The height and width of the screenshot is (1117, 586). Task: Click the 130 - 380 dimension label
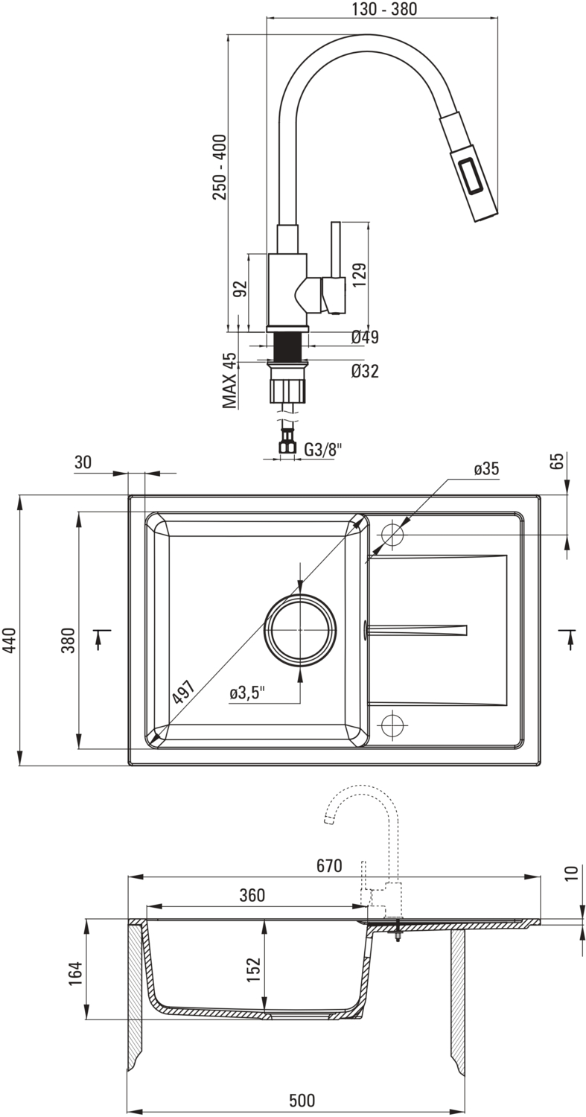click(x=383, y=10)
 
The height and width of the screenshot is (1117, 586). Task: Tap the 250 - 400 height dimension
click(x=220, y=167)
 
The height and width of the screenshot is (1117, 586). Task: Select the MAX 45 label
click(x=229, y=381)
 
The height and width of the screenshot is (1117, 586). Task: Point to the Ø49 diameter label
click(x=365, y=337)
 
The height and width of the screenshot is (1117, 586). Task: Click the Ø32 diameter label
click(x=365, y=370)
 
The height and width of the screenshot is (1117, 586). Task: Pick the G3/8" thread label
click(x=323, y=449)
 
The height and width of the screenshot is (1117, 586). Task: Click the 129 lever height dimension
click(x=358, y=276)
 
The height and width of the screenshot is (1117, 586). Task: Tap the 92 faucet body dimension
click(x=240, y=289)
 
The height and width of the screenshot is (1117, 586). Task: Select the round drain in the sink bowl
click(x=300, y=629)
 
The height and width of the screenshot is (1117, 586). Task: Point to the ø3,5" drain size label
click(x=247, y=693)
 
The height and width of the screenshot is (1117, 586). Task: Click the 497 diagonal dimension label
click(x=183, y=692)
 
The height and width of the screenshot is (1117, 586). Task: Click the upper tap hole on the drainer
click(x=392, y=534)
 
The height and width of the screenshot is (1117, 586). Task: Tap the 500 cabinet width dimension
click(x=302, y=1100)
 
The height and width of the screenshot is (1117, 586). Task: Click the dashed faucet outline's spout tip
click(x=328, y=821)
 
